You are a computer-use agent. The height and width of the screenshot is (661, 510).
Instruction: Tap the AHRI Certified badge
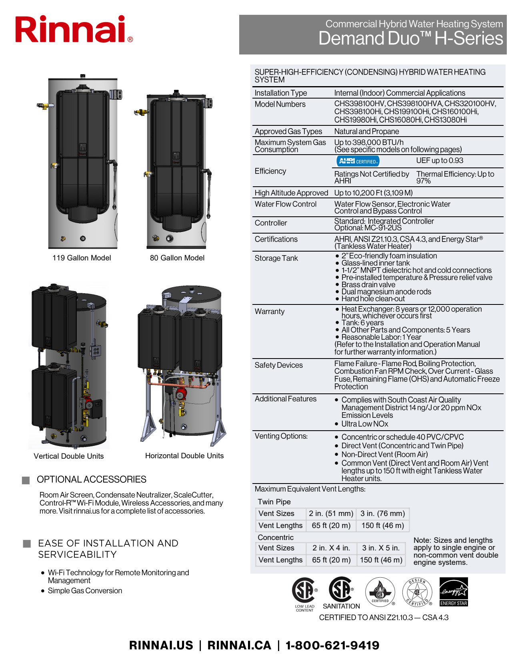click(358, 161)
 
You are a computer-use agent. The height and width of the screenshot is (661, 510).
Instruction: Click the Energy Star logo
click(454, 592)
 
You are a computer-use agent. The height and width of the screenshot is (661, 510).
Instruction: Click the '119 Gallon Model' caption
click(82, 258)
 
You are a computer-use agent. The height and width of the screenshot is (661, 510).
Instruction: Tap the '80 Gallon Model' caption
click(177, 258)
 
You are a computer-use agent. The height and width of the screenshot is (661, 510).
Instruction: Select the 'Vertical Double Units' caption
click(68, 456)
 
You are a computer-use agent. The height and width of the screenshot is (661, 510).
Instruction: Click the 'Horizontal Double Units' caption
click(184, 455)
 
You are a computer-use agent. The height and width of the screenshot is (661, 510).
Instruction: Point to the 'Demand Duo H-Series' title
click(410, 39)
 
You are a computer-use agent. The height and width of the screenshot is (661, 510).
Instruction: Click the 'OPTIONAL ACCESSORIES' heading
click(91, 479)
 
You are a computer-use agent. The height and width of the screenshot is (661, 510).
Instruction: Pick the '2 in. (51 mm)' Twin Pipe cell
click(331, 513)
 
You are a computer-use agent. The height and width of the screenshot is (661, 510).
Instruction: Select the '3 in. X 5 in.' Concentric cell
click(380, 548)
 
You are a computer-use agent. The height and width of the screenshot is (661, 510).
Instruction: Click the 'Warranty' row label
click(270, 311)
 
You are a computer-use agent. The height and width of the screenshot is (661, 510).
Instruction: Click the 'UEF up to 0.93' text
click(439, 161)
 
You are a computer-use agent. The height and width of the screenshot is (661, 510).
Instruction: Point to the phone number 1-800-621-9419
click(332, 645)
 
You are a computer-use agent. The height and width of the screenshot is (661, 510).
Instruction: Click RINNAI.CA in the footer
click(239, 645)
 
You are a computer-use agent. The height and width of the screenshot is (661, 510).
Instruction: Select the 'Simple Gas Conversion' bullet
click(85, 590)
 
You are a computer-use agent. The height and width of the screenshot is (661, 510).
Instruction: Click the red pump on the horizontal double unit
click(181, 393)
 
